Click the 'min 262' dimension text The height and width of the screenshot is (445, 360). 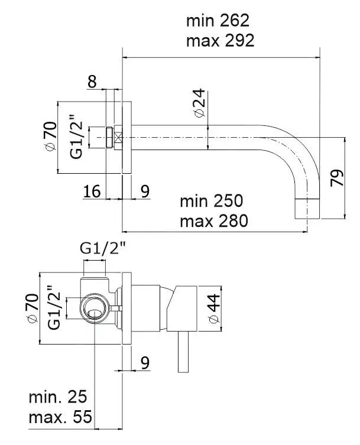(x=218, y=21)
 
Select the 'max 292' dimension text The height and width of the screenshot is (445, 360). (x=219, y=40)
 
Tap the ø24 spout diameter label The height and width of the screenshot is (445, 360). (x=199, y=103)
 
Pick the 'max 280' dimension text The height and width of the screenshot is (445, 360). (x=213, y=221)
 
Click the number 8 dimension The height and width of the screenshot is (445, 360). (x=92, y=82)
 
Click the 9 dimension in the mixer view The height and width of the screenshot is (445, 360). (x=145, y=363)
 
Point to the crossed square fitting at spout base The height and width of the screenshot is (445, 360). (x=118, y=138)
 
